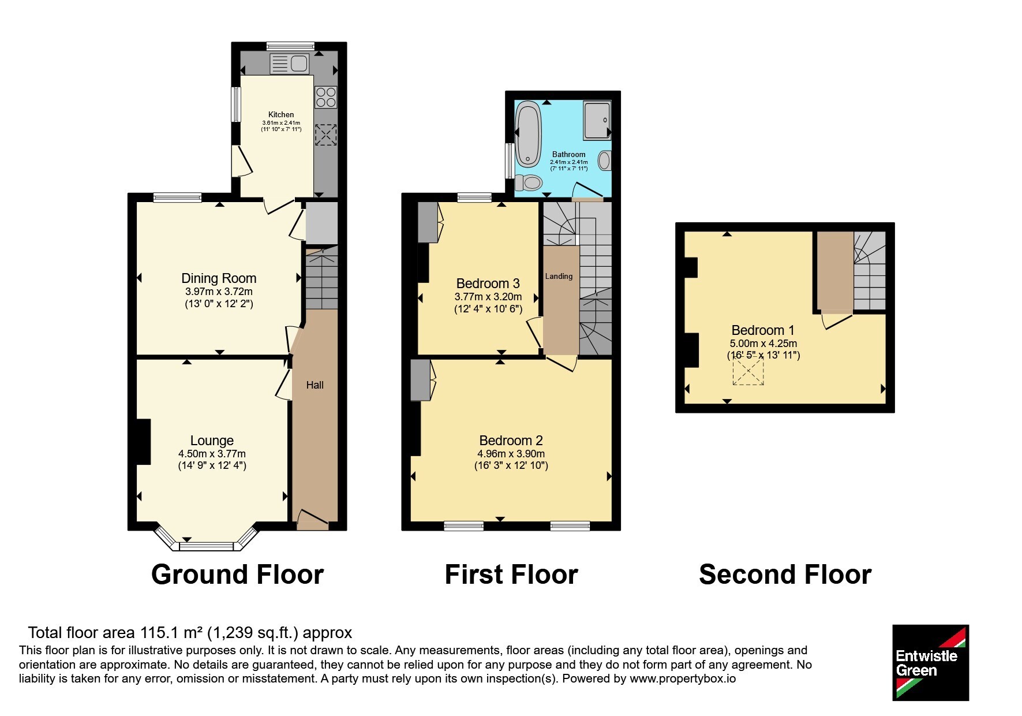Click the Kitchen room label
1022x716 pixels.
pos(281,114)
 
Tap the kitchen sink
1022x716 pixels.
pos(289,64)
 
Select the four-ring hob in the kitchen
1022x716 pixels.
pos(325,97)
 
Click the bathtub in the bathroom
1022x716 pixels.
pos(527,133)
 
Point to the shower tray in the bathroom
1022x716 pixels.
pos(597,120)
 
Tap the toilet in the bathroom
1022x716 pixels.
pos(528,183)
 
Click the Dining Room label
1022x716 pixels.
pos(219,278)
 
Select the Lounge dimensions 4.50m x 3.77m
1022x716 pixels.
pos(212,454)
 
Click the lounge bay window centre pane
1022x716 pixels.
pos(207,546)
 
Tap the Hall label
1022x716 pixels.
pos(315,385)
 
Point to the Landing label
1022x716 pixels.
pos(559,277)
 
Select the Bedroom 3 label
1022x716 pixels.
pos(488,284)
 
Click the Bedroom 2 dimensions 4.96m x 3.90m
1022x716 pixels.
pos(511,454)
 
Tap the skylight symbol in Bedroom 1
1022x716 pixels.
pos(748,371)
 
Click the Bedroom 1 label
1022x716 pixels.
pos(762,330)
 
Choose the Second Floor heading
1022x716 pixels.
pos(785,575)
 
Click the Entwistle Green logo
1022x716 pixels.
pos(930,662)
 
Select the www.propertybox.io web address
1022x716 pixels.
pos(683,679)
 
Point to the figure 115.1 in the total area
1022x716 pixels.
pos(156,633)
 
